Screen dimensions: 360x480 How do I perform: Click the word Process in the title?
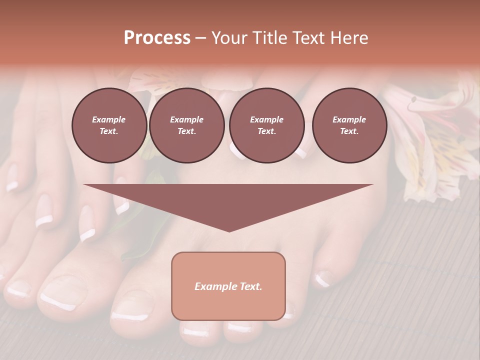pyautogui.click(x=157, y=38)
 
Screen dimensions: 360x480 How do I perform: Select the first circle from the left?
pyautogui.click(x=109, y=125)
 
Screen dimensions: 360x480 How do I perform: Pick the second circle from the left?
pyautogui.click(x=187, y=125)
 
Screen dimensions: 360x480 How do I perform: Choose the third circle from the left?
pyautogui.click(x=267, y=125)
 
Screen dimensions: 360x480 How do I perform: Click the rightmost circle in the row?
pyautogui.click(x=349, y=125)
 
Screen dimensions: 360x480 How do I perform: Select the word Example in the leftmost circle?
pyautogui.click(x=109, y=120)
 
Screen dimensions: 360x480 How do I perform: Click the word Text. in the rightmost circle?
pyautogui.click(x=349, y=131)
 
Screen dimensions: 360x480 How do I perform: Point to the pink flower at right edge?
pyautogui.click(x=435, y=135)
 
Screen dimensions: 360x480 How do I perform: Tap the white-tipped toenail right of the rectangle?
pyautogui.click(x=322, y=279)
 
